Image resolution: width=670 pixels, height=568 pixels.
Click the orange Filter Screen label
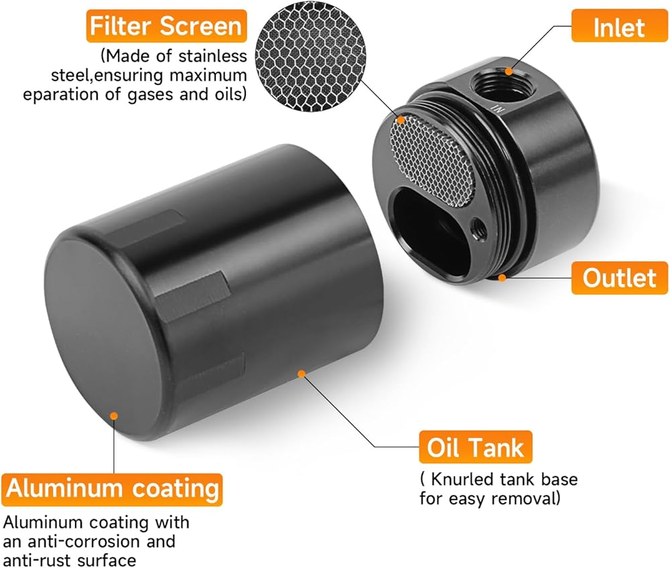[x=167, y=26]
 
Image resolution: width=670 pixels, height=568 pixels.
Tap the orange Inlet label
[x=619, y=26]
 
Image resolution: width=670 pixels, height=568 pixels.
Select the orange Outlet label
[x=619, y=278]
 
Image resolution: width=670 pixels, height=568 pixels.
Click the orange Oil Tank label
[x=475, y=447]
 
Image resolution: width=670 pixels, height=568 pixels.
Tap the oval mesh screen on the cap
[x=432, y=161]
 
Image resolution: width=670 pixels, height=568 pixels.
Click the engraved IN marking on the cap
[x=498, y=109]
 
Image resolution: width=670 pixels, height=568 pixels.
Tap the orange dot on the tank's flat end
[x=114, y=415]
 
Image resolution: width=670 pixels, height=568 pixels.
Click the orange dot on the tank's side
[x=301, y=374]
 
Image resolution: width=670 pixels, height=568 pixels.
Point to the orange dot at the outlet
[x=503, y=278]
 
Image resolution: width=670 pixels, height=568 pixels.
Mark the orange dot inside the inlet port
[x=508, y=71]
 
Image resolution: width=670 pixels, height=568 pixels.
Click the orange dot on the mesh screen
[x=401, y=120]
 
